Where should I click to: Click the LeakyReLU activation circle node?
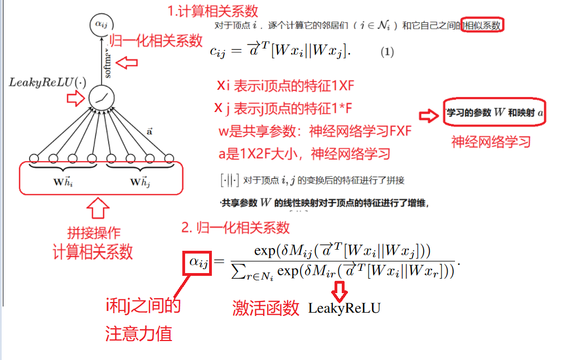click(x=101, y=98)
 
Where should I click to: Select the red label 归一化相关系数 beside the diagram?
click(x=156, y=40)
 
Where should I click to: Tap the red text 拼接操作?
click(x=94, y=232)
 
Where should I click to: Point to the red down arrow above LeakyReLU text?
click(x=340, y=290)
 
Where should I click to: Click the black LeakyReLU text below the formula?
click(x=344, y=308)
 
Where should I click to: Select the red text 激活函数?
click(x=266, y=308)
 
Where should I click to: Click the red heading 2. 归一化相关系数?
click(x=235, y=227)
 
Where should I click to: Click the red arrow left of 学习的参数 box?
click(x=428, y=116)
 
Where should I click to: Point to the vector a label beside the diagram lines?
click(x=149, y=132)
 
